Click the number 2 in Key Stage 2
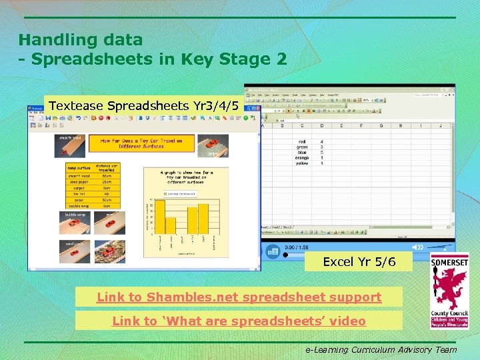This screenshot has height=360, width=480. pyautogui.click(x=280, y=59)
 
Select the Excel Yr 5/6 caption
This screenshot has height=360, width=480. pyautogui.click(x=359, y=261)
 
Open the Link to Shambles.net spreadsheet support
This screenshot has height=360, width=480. pyautogui.click(x=239, y=297)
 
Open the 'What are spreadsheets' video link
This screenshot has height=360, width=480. pyautogui.click(x=239, y=321)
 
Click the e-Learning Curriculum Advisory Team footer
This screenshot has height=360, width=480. pyautogui.click(x=381, y=349)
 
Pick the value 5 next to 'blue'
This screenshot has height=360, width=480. pyautogui.click(x=322, y=153)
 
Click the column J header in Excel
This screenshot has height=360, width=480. pyautogui.click(x=441, y=125)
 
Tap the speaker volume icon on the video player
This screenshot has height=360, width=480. pyautogui.click(x=271, y=251)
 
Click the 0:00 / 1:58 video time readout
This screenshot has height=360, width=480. pyautogui.click(x=297, y=247)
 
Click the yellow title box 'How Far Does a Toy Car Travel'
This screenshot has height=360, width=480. pyautogui.click(x=141, y=143)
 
